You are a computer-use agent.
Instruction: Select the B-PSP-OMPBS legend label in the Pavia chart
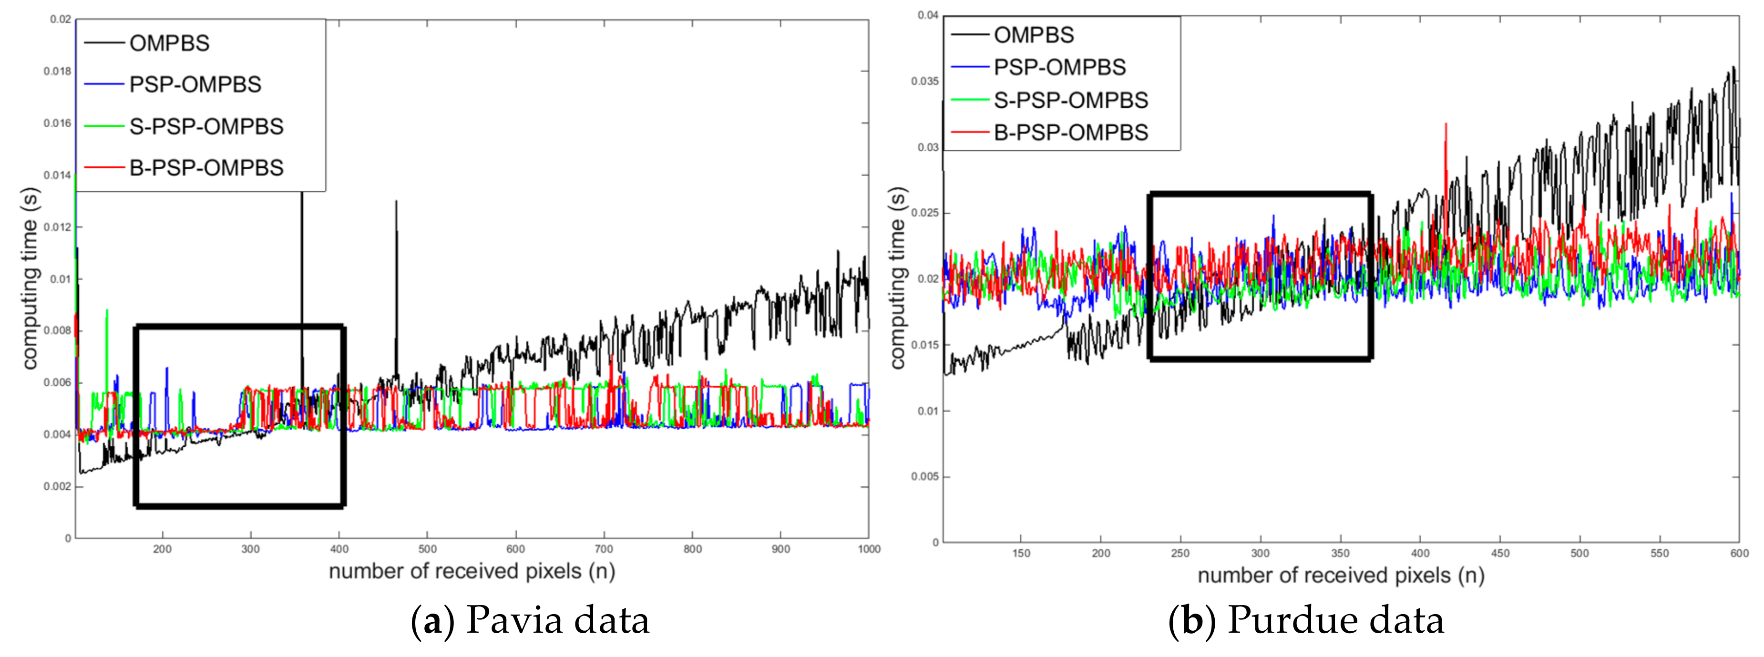click(206, 168)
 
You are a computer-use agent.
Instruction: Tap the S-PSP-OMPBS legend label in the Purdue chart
click(1070, 100)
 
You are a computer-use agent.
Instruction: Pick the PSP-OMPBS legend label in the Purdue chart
click(1059, 67)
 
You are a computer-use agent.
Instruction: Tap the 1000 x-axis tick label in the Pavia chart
click(868, 549)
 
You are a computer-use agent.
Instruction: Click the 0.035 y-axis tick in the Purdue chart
click(924, 81)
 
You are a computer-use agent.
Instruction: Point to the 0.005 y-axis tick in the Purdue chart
click(924, 477)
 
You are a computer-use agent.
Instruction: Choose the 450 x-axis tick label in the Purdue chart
click(1500, 553)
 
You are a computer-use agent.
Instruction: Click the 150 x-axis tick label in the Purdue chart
click(1021, 553)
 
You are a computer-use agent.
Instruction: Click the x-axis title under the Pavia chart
click(472, 571)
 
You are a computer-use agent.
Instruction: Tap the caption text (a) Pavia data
click(529, 620)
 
